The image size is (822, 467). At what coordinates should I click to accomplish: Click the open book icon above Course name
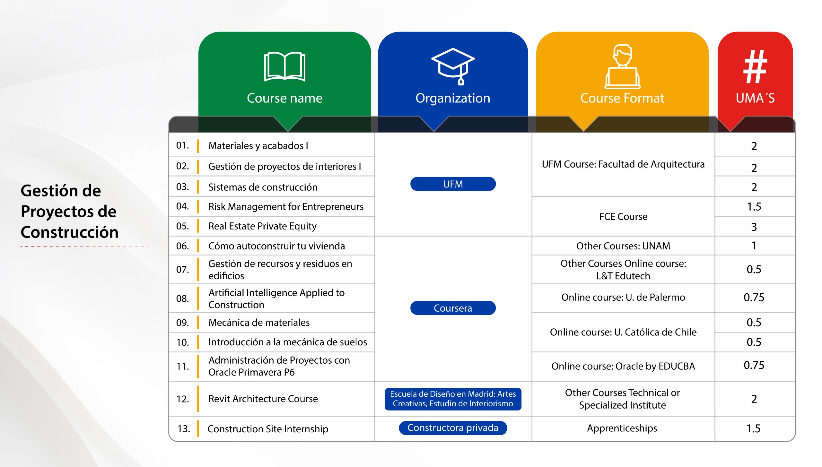click(x=284, y=66)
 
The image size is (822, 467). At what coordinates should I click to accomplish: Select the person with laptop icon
click(x=622, y=66)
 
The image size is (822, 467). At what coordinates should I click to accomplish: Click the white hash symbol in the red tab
click(x=755, y=66)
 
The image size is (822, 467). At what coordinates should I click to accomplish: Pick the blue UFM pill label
click(x=453, y=184)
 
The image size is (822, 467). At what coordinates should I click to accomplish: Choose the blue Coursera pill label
click(x=453, y=308)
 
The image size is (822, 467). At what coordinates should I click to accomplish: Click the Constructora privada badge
click(x=453, y=428)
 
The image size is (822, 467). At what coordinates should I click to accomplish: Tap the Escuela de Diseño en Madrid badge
click(x=453, y=399)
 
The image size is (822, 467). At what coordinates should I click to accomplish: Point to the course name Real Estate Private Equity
click(x=262, y=226)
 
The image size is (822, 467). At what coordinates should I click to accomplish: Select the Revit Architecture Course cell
click(x=263, y=399)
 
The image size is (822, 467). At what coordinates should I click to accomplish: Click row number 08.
click(x=182, y=298)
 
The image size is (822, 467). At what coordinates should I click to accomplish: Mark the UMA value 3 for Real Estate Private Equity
click(x=754, y=227)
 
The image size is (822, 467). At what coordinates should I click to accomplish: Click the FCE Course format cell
click(x=623, y=217)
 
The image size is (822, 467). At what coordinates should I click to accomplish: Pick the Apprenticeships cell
click(x=622, y=428)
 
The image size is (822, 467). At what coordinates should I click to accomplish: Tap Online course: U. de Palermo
click(x=623, y=297)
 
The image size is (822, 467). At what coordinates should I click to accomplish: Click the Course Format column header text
click(x=622, y=98)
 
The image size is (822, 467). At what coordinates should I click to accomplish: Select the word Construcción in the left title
click(x=70, y=232)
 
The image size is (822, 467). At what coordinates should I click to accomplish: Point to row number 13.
click(x=184, y=428)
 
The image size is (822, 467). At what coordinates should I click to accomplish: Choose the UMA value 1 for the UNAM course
click(x=754, y=246)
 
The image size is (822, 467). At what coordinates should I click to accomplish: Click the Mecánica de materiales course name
click(x=259, y=322)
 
